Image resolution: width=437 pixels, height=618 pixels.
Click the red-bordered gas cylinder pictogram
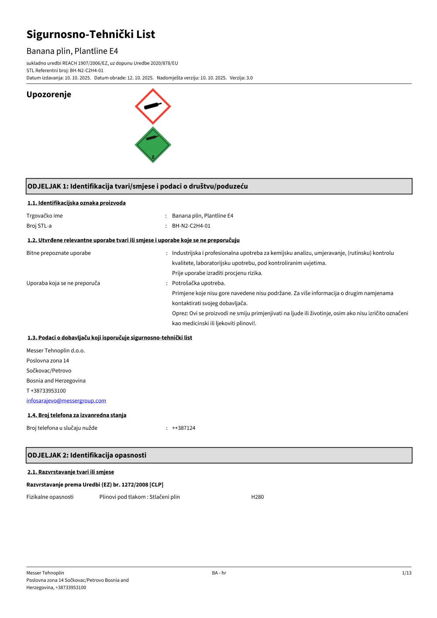tap(153, 106)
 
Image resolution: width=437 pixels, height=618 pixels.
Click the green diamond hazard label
tap(153, 145)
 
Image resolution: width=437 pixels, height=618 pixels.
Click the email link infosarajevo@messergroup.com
tap(66, 401)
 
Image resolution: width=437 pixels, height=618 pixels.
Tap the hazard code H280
tap(257, 497)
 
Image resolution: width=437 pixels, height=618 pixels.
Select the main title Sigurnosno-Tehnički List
tap(90, 35)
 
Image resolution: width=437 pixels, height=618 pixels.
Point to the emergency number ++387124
tap(184, 428)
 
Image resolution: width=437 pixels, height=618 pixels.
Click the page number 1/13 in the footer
tap(406, 573)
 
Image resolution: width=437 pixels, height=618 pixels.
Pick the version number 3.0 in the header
tap(249, 78)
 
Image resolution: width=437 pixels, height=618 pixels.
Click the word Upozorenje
tap(49, 94)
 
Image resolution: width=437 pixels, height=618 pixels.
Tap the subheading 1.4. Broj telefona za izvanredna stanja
tap(77, 415)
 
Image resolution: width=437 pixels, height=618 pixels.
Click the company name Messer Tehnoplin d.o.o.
tap(55, 351)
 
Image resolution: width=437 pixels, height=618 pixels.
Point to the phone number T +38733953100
tap(46, 391)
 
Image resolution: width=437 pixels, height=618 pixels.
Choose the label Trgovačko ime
tap(45, 216)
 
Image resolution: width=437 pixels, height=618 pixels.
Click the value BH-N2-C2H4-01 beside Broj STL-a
tap(191, 226)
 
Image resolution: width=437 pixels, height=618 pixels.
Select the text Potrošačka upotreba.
tap(198, 283)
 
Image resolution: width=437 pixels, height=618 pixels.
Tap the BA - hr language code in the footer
tap(219, 573)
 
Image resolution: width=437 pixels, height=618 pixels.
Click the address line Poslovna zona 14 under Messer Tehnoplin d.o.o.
tap(48, 361)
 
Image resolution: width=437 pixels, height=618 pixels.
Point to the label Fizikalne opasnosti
tap(50, 497)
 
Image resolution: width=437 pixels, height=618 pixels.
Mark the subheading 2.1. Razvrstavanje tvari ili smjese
tap(70, 472)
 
